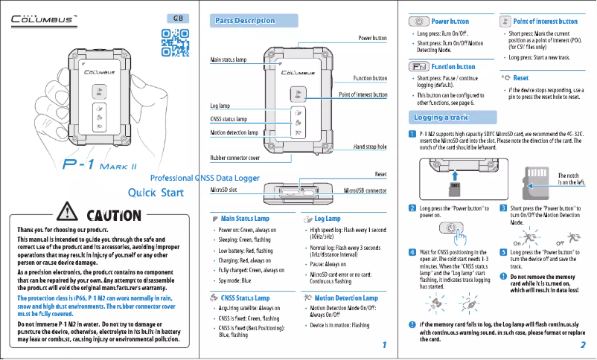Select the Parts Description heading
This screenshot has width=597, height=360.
coord(245,20)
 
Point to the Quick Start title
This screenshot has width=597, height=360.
coord(156,194)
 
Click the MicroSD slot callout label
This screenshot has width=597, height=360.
coord(223,190)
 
